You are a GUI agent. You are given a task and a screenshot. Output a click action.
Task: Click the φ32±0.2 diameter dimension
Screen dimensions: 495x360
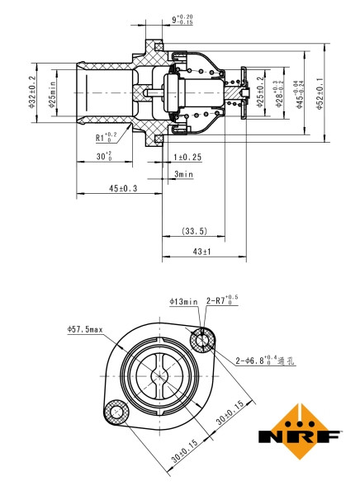coord(31,92)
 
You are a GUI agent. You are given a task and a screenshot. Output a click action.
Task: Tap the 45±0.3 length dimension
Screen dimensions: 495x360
coord(122,189)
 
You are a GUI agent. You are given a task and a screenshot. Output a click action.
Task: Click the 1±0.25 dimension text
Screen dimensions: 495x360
coord(187,156)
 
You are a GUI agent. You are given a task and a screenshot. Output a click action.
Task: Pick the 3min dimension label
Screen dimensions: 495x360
coord(183,174)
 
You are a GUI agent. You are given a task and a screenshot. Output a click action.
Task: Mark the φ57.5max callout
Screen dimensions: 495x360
coord(84,329)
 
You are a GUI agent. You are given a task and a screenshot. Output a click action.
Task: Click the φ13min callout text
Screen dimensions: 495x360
coord(183,301)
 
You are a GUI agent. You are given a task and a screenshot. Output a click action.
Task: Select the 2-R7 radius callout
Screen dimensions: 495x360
coord(222,301)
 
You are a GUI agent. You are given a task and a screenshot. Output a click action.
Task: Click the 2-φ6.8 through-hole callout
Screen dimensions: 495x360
coord(265,361)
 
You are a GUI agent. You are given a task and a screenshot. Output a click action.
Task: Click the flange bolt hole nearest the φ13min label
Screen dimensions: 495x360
coord(202,338)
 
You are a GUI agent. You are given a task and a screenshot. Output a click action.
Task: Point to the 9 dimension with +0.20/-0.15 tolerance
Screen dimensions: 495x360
coord(182,17)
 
